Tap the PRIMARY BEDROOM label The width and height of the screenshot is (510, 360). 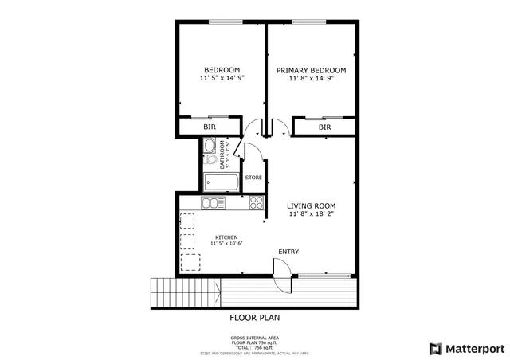[x=311, y=70]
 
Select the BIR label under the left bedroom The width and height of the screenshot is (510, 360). [x=210, y=127]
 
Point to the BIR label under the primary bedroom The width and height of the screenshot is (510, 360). [x=324, y=127]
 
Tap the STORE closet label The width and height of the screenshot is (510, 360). [x=253, y=177]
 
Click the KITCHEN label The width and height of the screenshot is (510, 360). [x=226, y=237]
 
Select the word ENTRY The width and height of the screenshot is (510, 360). [x=288, y=252]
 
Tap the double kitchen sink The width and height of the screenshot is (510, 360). [x=213, y=203]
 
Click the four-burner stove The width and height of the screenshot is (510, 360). [x=257, y=203]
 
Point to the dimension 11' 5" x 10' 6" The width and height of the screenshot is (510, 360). [x=226, y=245]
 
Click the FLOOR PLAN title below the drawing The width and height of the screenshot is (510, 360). [x=254, y=317]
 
